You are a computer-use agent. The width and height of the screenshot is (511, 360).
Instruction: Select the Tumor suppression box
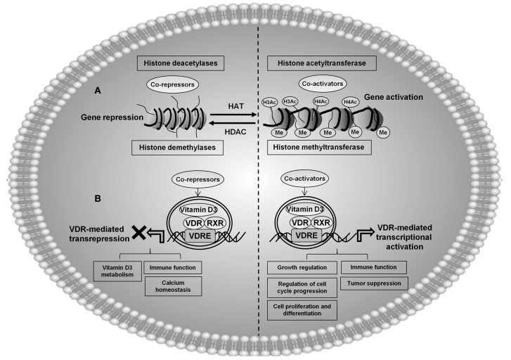pyautogui.click(x=374, y=283)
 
